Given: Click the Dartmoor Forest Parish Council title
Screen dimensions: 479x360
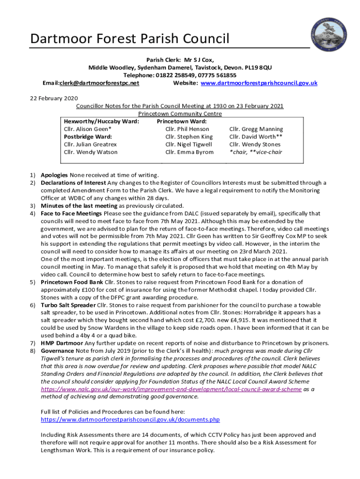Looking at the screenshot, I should click(130, 39).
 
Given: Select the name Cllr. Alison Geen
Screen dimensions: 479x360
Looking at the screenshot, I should click(87, 129).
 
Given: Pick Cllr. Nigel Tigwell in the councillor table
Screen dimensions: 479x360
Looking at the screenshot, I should click(188, 145).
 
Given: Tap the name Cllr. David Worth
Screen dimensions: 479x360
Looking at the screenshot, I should click(256, 137).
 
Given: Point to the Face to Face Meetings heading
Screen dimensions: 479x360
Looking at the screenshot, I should click(71, 213).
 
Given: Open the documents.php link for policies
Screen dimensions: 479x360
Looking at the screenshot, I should click(130, 420).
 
